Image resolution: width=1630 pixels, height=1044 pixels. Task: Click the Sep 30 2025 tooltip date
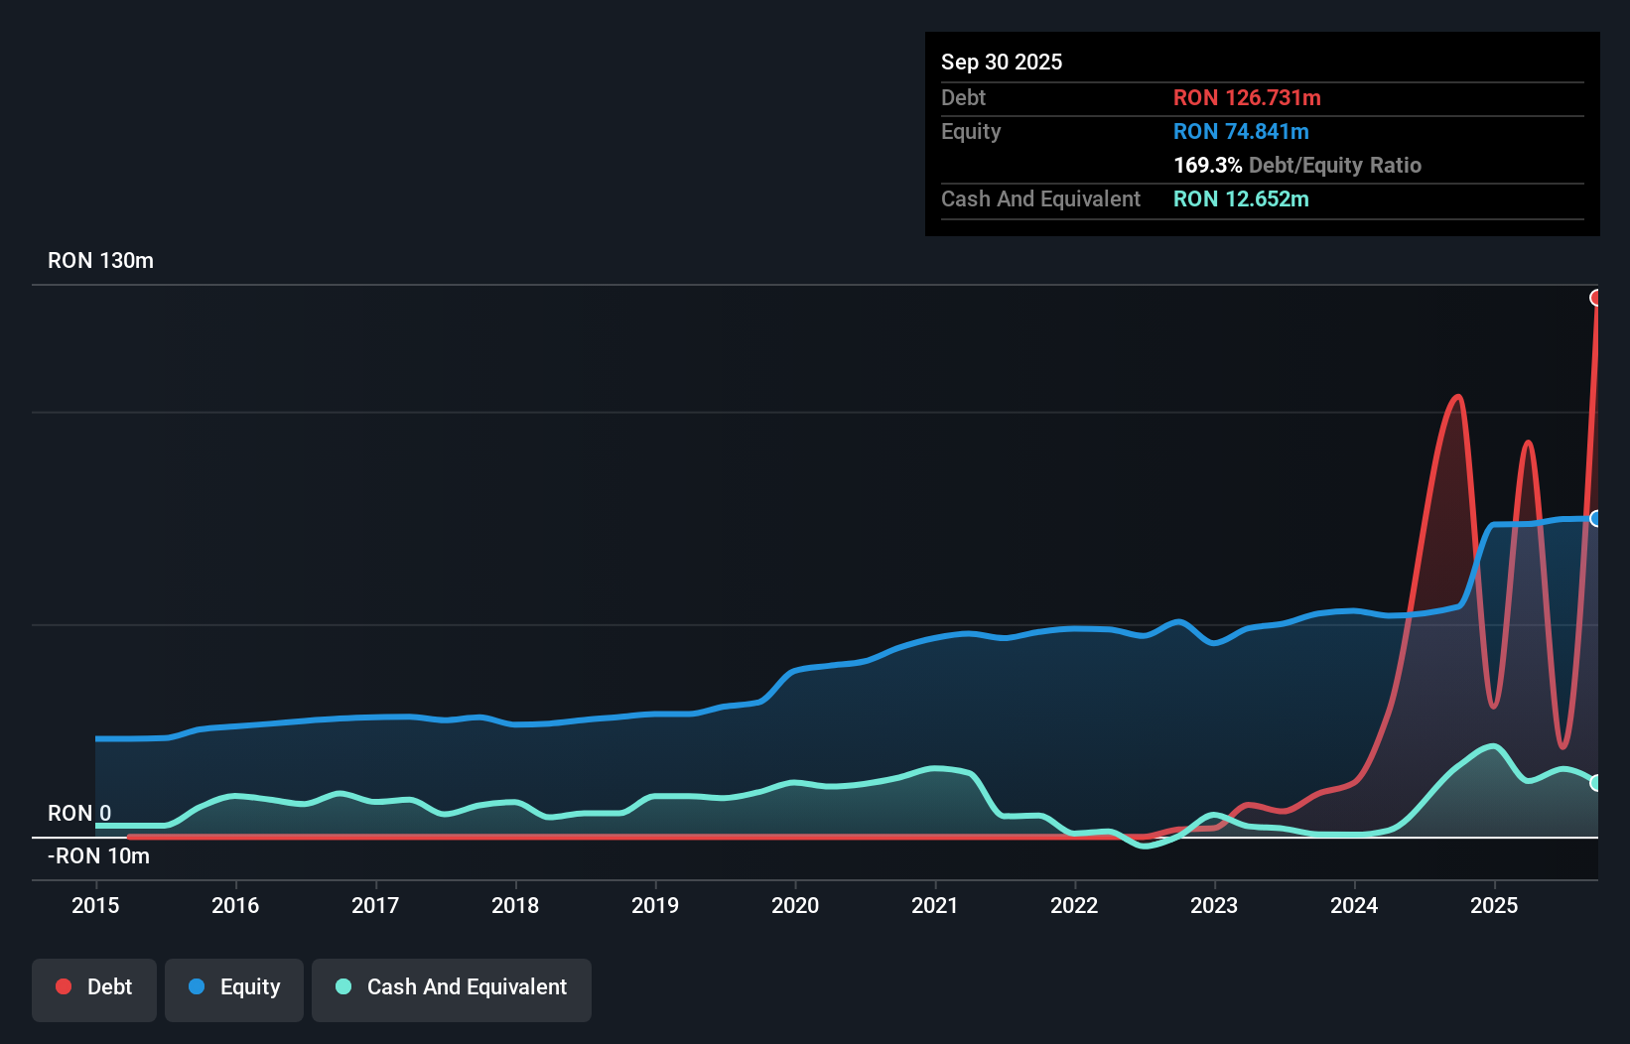(1001, 62)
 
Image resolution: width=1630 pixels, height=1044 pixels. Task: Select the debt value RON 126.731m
(1247, 97)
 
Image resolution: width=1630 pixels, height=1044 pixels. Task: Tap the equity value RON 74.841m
(1241, 131)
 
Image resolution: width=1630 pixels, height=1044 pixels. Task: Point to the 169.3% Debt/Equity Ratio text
(1296, 165)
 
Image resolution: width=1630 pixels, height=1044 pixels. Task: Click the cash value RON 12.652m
(1241, 198)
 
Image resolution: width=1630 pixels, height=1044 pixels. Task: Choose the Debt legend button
(94, 987)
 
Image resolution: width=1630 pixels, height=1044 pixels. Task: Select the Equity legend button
(234, 987)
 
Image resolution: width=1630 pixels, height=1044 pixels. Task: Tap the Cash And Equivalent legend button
(452, 987)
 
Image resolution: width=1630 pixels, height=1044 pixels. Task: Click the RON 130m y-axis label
(100, 260)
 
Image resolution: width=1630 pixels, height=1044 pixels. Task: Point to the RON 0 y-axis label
(79, 813)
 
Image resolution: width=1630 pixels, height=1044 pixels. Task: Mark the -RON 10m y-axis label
(98, 855)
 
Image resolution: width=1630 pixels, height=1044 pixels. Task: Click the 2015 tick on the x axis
(95, 905)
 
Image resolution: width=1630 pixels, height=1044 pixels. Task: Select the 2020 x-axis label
(795, 905)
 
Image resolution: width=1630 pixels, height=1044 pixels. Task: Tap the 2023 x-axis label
(1214, 905)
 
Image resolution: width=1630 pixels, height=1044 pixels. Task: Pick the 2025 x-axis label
(1494, 905)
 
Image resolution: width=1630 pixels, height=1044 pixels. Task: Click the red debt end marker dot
(1596, 298)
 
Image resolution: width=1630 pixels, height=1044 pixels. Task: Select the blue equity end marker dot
(1596, 518)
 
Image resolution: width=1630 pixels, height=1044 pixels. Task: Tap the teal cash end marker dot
(1596, 783)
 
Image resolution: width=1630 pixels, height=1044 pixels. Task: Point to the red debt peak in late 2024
(1457, 397)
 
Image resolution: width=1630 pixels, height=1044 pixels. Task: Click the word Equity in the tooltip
(971, 131)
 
